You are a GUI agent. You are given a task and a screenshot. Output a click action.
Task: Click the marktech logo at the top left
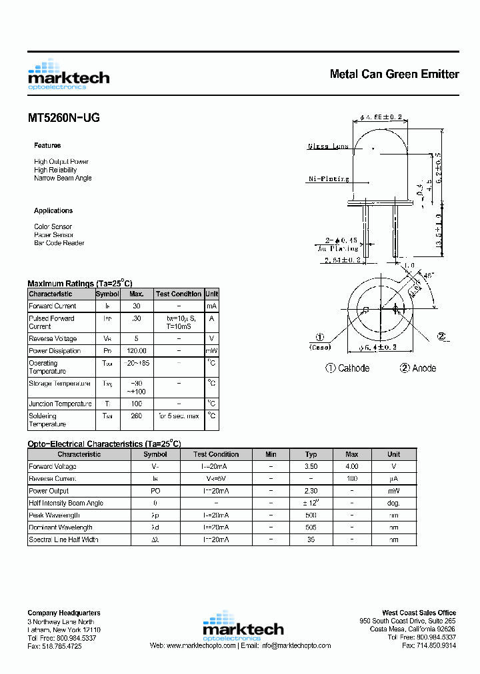click(68, 75)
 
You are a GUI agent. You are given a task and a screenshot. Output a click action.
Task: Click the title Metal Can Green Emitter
click(394, 74)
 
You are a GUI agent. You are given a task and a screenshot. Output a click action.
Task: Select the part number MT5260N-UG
click(64, 119)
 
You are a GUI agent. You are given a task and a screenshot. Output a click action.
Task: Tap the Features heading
click(47, 145)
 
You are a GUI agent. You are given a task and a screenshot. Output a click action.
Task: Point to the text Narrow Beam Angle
click(63, 178)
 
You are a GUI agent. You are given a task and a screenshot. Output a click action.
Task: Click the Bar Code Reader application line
click(59, 243)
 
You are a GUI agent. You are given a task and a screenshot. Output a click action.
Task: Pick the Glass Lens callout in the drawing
click(327, 147)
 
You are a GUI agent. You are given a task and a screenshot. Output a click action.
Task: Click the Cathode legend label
click(347, 368)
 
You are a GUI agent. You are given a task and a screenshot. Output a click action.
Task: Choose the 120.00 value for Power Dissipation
click(136, 351)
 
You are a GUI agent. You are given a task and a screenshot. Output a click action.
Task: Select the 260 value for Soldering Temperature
click(136, 416)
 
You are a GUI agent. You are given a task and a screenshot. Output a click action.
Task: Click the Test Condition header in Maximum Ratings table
click(178, 294)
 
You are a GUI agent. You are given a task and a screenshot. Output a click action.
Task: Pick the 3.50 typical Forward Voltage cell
click(311, 467)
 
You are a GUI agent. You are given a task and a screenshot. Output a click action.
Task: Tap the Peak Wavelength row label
click(55, 515)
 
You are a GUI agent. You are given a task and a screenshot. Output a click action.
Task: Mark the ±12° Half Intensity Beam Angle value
click(311, 504)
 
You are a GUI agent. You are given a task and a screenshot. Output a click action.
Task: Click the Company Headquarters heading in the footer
click(64, 613)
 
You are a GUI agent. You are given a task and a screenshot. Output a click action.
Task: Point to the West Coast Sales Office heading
click(419, 613)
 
